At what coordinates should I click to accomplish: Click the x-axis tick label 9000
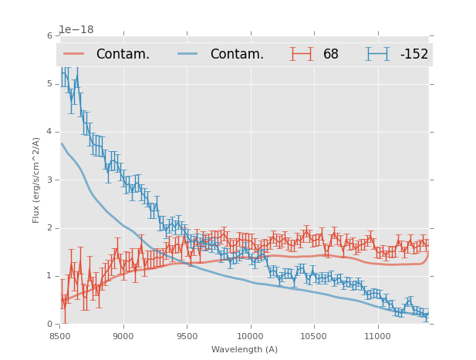(123, 336)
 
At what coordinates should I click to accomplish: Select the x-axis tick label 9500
(187, 336)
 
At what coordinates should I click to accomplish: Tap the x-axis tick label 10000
(250, 336)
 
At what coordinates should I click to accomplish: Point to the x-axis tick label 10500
(314, 336)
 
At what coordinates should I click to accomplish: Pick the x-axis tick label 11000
(377, 336)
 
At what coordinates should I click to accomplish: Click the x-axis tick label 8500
(60, 336)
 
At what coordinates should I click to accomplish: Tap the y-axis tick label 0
(49, 324)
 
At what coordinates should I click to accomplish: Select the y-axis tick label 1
(49, 276)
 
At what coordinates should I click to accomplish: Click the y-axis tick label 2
(49, 228)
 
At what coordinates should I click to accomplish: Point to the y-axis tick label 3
(49, 180)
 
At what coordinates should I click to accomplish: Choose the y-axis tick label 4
(49, 132)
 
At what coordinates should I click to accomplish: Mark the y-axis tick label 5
(49, 84)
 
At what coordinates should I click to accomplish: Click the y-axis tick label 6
(49, 35)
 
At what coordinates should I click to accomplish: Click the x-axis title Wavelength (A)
(245, 350)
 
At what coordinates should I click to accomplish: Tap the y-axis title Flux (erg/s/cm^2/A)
(36, 180)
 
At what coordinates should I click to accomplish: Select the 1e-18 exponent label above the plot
(76, 29)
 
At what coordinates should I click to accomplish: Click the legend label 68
(331, 54)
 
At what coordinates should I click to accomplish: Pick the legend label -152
(414, 54)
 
